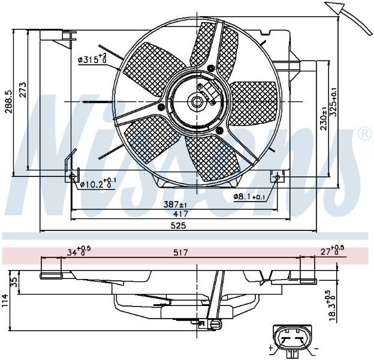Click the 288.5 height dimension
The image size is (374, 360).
click(8, 102)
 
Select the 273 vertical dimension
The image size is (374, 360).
click(23, 90)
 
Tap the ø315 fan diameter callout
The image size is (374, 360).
click(92, 58)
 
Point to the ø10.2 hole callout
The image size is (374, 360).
click(98, 182)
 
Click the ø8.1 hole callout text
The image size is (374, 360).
click(249, 197)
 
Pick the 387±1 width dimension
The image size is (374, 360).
click(175, 205)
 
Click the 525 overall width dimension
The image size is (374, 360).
click(178, 226)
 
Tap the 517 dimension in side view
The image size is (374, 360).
click(180, 253)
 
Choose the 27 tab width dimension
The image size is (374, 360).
click(332, 250)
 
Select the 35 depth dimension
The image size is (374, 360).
click(14, 282)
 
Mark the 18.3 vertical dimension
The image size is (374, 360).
click(332, 306)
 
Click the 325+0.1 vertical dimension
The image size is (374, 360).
click(333, 102)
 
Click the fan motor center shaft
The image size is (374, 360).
click(197, 102)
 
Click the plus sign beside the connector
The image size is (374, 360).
click(271, 348)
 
